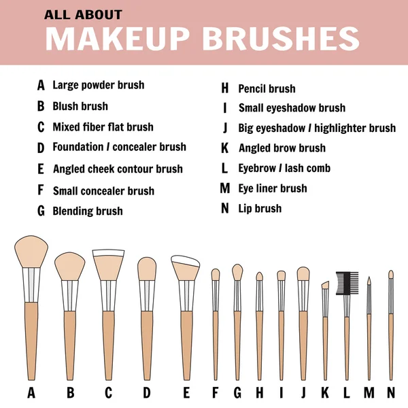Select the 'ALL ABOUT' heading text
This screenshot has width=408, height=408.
(x=83, y=14)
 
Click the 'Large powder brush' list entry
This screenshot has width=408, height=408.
(x=98, y=86)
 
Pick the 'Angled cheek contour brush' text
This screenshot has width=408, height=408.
(x=118, y=169)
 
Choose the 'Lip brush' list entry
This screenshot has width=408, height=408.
(x=260, y=208)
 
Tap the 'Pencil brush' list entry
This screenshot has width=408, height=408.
(x=267, y=88)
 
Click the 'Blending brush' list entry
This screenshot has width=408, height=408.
(x=88, y=211)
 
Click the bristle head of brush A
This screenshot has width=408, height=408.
(x=31, y=251)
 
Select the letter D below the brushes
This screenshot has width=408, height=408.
(x=147, y=392)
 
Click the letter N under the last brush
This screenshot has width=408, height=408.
(x=390, y=392)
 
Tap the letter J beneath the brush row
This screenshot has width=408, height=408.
(x=303, y=392)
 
